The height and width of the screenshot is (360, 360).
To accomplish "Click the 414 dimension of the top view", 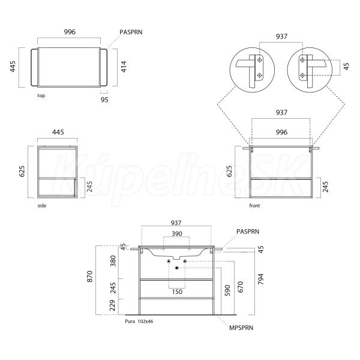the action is (124, 67).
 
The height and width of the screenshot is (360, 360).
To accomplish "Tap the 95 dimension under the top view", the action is (104, 100).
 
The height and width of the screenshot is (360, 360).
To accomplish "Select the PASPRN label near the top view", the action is (131, 32).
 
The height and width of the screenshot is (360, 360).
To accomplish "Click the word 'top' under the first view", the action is (41, 95).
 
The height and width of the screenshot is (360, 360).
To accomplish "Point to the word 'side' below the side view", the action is (42, 206).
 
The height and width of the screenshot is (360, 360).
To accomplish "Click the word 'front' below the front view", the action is (254, 206).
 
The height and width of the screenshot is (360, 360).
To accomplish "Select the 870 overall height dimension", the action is (90, 277).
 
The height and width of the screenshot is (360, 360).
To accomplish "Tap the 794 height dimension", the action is (261, 279).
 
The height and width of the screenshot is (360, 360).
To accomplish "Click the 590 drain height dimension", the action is (227, 290).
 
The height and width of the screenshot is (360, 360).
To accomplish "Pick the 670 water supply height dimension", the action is (240, 287).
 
